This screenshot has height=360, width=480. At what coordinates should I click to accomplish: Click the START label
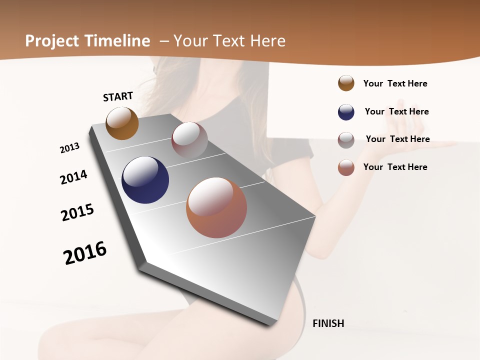tap(118, 96)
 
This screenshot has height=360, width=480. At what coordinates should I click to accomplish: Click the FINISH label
tap(328, 323)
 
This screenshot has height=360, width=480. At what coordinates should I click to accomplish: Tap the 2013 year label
tap(69, 148)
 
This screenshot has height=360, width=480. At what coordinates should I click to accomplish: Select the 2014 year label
tap(73, 177)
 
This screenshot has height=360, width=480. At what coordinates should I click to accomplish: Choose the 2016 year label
tap(85, 253)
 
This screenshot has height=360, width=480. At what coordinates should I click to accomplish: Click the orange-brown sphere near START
tap(122, 123)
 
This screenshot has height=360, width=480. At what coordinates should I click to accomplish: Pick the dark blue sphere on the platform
tap(145, 180)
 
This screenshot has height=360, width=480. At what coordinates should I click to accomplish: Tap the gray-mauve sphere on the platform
tap(189, 140)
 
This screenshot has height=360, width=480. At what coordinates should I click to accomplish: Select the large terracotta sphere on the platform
tap(216, 207)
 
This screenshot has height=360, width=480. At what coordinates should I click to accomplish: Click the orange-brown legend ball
tap(346, 83)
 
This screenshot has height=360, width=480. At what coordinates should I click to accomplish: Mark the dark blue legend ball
tap(346, 112)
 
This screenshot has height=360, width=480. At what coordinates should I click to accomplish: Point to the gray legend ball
tap(346, 140)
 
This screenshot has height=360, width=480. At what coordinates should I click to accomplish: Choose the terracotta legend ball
tap(346, 167)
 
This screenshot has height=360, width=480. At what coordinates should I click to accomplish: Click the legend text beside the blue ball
tap(396, 111)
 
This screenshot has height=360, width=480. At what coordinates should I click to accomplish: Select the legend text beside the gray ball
tap(397, 139)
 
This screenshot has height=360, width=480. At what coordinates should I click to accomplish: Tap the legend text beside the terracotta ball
tap(395, 167)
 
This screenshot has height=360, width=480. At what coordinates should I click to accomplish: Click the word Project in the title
tap(52, 41)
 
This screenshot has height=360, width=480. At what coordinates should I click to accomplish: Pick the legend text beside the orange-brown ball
tap(395, 83)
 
